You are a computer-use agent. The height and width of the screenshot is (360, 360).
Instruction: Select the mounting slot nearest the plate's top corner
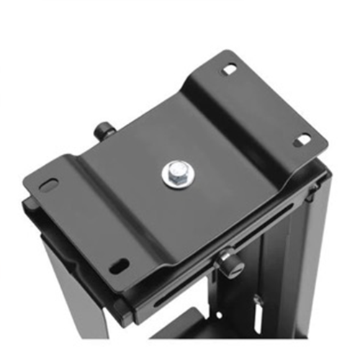(229, 69)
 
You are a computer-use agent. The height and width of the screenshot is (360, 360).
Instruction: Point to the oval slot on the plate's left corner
(49, 185)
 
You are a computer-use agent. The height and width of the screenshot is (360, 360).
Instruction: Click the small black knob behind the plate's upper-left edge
(105, 131)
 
